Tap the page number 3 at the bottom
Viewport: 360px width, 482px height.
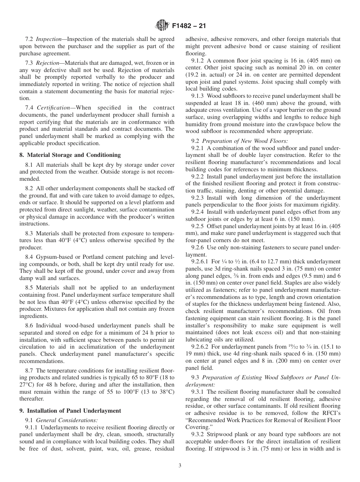click(180, 466)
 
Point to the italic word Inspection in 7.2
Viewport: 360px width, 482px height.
click(49, 39)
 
